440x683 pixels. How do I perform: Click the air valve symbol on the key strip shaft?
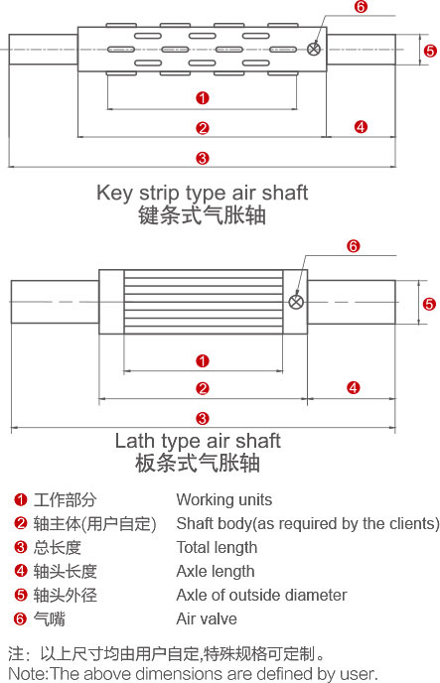pos(314,49)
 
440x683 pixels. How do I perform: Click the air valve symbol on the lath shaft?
pos(296,302)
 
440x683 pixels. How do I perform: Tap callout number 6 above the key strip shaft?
pos(361,7)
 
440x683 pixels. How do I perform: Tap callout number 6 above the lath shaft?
pos(354,246)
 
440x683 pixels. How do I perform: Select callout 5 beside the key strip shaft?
pos(430,51)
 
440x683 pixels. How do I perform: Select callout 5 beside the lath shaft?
pos(429,304)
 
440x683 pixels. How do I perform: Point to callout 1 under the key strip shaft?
pos(203,98)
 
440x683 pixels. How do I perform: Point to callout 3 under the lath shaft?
pos(203,419)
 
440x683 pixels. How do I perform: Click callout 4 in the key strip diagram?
pos(361,127)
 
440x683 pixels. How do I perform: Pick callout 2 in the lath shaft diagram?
pos(203,388)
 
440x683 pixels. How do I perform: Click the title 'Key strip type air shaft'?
pos(203,193)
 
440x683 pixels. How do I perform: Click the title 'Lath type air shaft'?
pos(198,441)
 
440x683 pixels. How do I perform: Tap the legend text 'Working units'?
pos(223,499)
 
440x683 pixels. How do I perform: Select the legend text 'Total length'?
pos(217,548)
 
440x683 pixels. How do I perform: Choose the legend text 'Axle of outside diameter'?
pos(261,595)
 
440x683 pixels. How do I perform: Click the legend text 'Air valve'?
pos(207,618)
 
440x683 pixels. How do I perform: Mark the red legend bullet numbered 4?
pos(21,571)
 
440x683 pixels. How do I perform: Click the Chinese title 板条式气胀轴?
pos(198,463)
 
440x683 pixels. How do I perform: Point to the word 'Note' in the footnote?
pos(27,673)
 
